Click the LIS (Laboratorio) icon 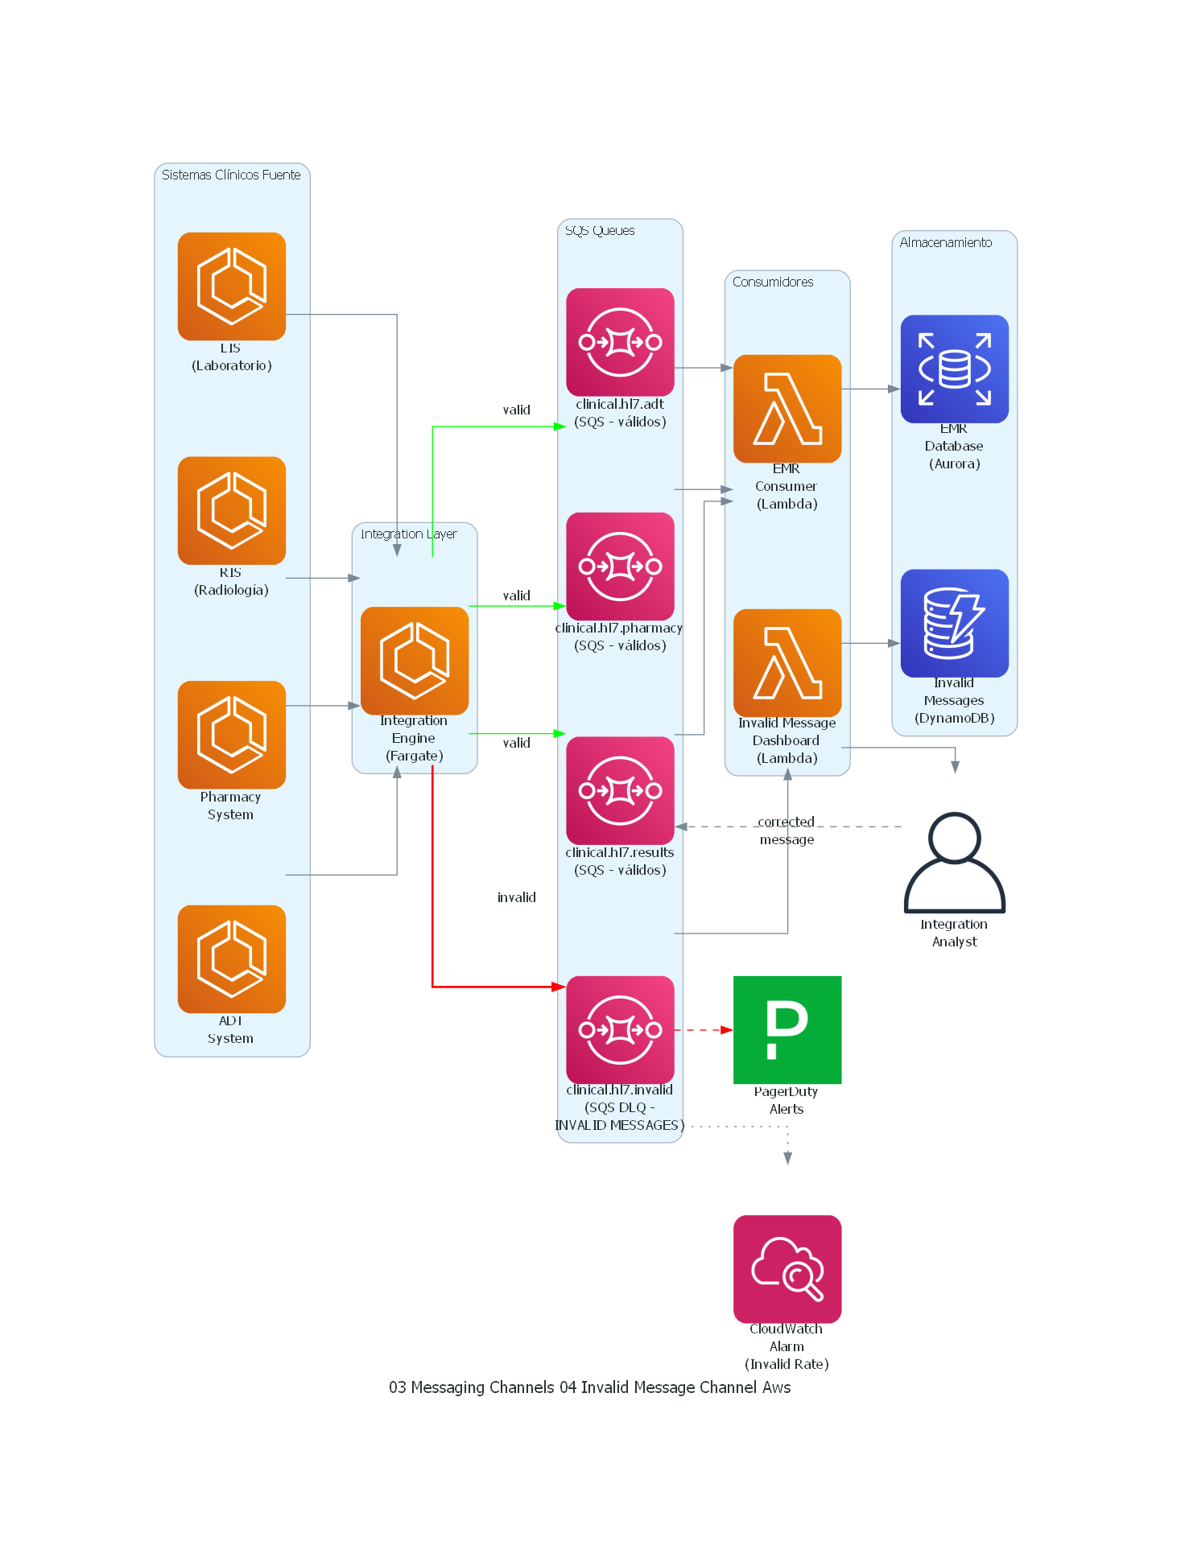tap(231, 286)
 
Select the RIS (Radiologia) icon tap(231, 510)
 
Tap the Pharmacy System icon tap(231, 734)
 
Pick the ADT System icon tap(231, 958)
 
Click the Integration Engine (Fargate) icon tap(414, 660)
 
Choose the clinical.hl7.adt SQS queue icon tap(620, 341)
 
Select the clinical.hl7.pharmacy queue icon tap(620, 566)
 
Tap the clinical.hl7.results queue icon tap(620, 790)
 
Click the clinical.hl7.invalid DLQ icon tap(620, 1029)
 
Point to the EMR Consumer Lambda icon tap(787, 408)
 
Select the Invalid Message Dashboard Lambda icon tap(787, 662)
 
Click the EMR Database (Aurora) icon tap(954, 369)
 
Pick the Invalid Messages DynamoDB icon tap(954, 623)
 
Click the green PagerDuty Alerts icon tap(787, 1029)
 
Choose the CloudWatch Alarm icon tap(787, 1268)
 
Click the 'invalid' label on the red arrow tap(516, 897)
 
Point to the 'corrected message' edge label tap(787, 831)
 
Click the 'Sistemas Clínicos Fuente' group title tap(231, 175)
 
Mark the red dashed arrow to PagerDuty tap(703, 1029)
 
